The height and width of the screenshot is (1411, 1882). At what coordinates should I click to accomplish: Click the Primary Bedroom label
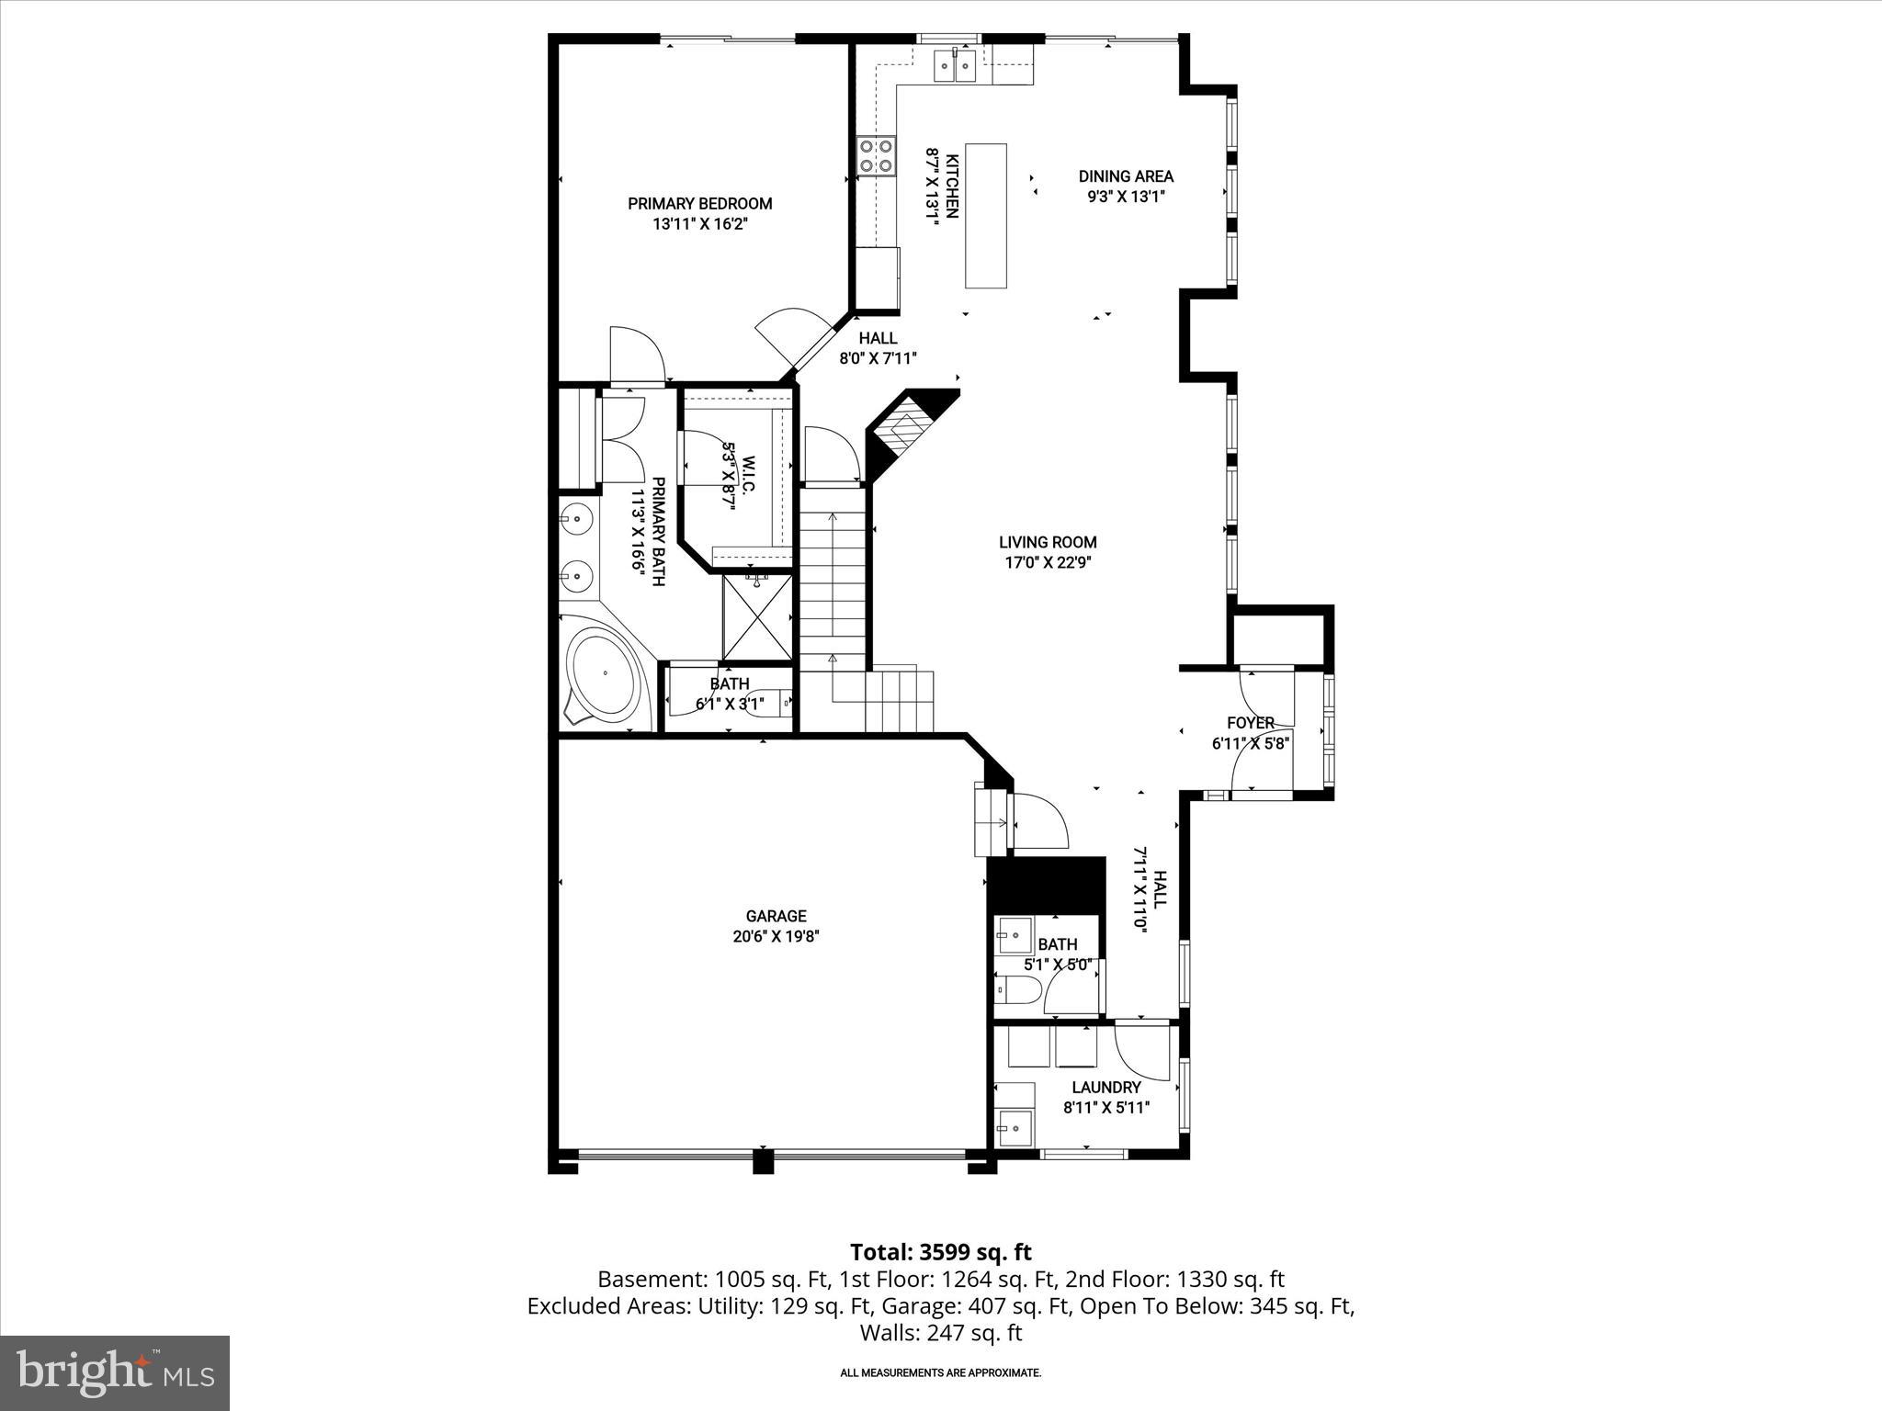click(x=699, y=204)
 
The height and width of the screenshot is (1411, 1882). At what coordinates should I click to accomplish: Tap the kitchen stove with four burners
click(x=876, y=156)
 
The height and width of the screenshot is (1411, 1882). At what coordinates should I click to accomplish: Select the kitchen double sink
click(x=954, y=66)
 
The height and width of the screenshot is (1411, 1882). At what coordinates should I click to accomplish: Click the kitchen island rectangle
click(x=985, y=216)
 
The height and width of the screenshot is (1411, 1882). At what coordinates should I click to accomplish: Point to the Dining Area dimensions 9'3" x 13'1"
click(x=1126, y=196)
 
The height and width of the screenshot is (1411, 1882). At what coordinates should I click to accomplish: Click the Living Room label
click(x=1048, y=542)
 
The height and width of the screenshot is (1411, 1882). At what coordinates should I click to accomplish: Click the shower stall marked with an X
click(x=756, y=616)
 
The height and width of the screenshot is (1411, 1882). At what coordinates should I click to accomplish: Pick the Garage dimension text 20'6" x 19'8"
click(x=776, y=936)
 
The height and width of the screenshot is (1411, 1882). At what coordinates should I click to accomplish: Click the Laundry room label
click(x=1105, y=1088)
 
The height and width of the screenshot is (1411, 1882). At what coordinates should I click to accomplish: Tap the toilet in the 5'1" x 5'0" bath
click(x=1018, y=990)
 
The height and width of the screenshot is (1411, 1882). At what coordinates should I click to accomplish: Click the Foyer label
click(x=1250, y=723)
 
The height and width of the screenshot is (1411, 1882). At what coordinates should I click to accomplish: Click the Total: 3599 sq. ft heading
click(x=940, y=1252)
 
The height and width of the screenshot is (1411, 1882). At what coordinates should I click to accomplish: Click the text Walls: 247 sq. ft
click(x=940, y=1333)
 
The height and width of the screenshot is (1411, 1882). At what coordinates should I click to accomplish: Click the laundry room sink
click(x=1015, y=1125)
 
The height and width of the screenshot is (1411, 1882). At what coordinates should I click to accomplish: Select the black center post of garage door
click(x=763, y=1161)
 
